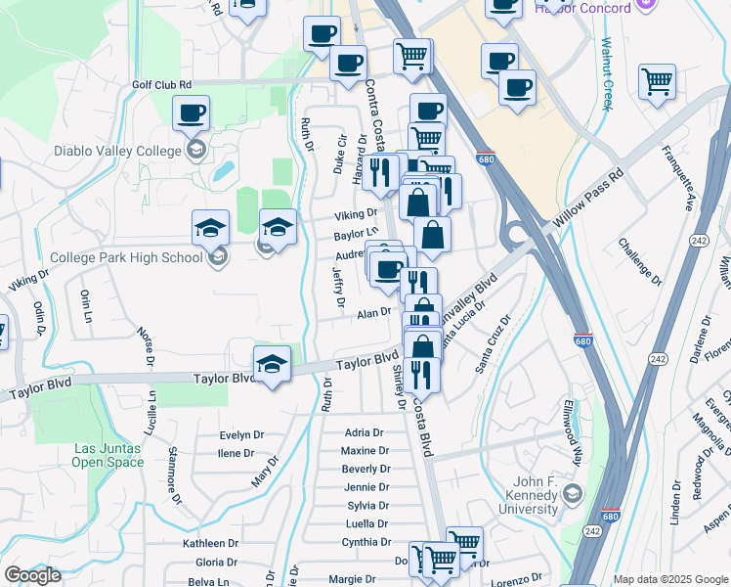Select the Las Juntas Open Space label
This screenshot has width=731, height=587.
(107, 456)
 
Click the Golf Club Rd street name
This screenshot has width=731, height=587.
(162, 85)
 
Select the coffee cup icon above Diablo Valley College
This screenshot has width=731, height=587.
(192, 112)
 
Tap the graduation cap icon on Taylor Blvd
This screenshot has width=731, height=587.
(272, 363)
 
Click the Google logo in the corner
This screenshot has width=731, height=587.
(32, 575)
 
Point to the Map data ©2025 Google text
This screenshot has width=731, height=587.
(670, 579)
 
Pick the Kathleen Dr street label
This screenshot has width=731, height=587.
(210, 543)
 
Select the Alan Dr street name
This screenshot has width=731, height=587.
(373, 312)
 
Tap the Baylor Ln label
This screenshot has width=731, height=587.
(355, 236)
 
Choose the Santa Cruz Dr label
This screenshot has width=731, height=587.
(494, 344)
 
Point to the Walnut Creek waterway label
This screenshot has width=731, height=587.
(607, 74)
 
